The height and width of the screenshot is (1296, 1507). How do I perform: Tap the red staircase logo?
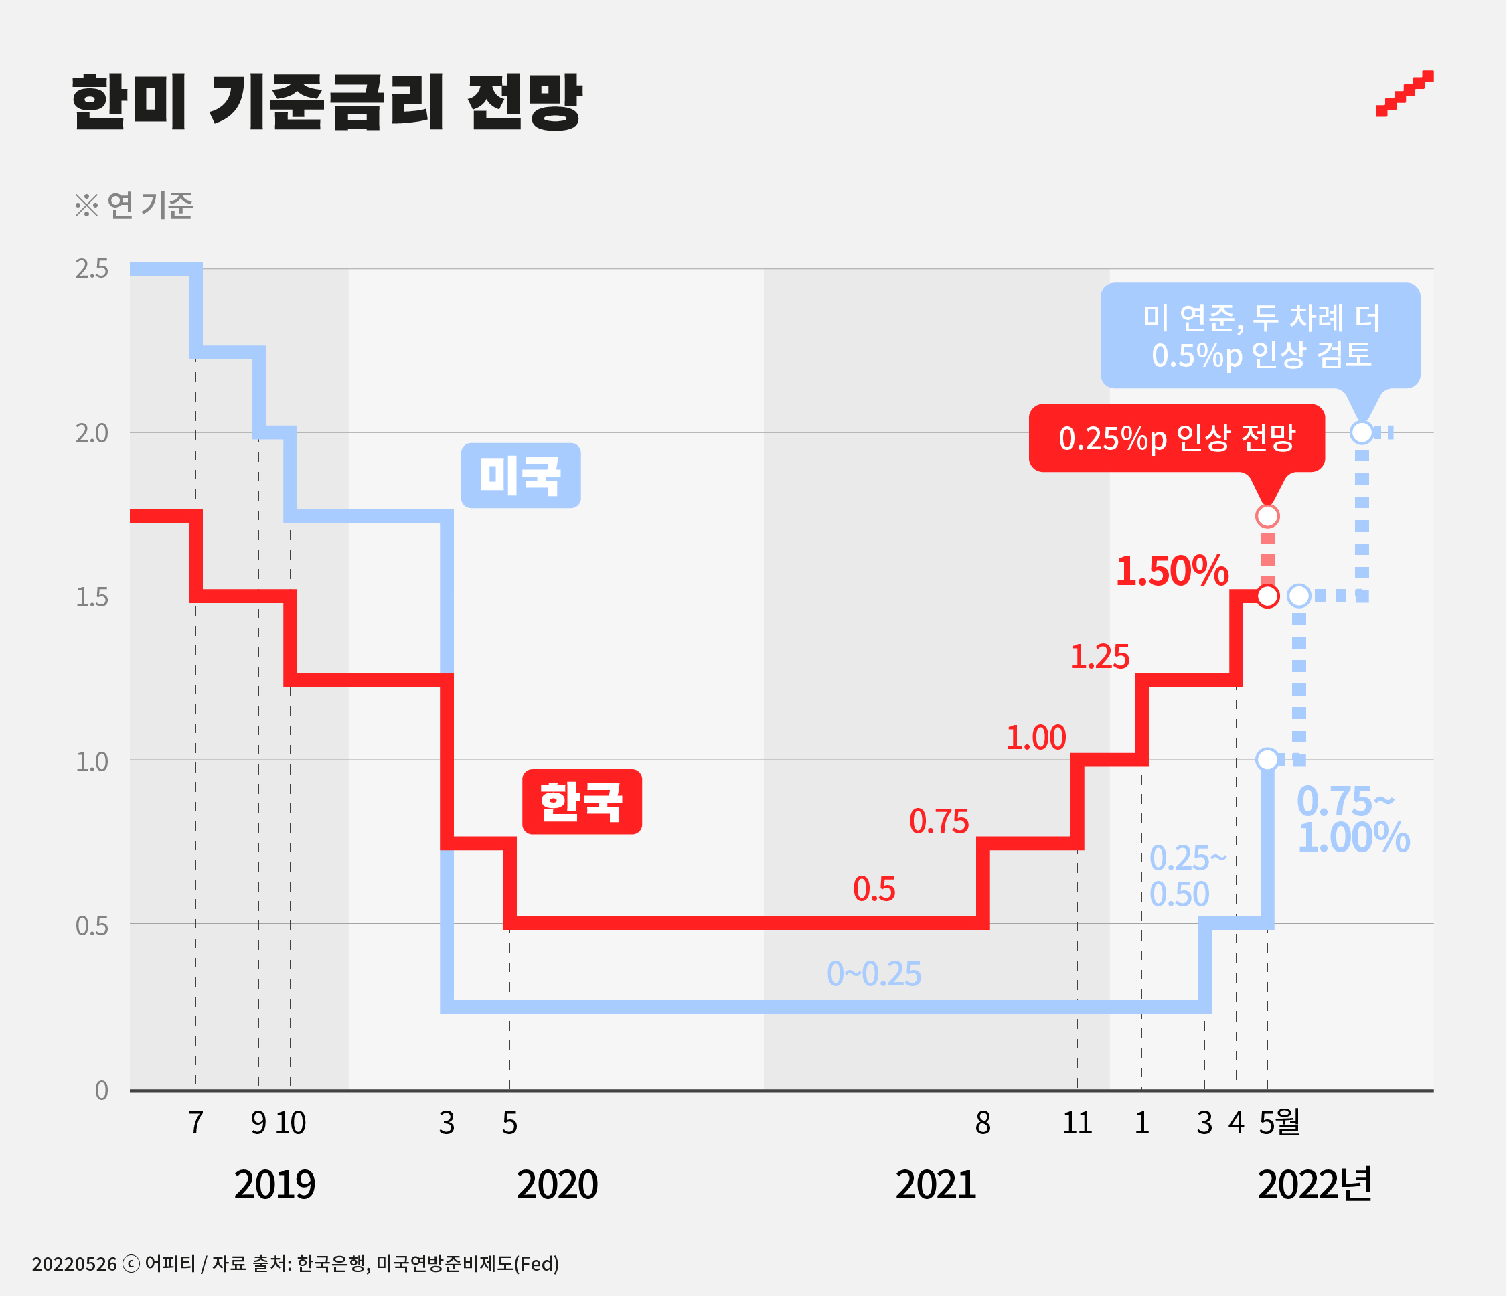click(1404, 93)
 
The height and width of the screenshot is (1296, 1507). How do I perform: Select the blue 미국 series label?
click(521, 476)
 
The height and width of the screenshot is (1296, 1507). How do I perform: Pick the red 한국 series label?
click(582, 801)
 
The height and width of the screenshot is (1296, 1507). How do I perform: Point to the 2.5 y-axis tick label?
click(92, 269)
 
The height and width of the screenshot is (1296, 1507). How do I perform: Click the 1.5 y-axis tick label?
click(92, 597)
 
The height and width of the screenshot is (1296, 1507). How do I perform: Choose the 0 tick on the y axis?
click(101, 1090)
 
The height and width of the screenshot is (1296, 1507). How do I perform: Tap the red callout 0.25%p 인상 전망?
click(1176, 438)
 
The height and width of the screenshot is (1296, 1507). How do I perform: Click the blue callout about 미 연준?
click(1260, 335)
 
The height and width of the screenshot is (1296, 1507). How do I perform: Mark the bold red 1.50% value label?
click(1172, 571)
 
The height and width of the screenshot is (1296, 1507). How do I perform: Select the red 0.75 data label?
click(939, 821)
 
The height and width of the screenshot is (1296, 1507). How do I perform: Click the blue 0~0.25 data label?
click(874, 974)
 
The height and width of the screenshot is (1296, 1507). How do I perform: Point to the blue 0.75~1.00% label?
click(1352, 819)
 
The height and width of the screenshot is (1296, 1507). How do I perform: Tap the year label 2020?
click(557, 1185)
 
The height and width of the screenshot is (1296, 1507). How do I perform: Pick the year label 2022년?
click(1314, 1185)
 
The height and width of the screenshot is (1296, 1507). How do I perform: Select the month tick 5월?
click(1279, 1123)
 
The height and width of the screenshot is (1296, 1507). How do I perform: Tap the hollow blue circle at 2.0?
click(1362, 432)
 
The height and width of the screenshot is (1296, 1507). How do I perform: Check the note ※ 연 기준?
click(135, 206)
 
